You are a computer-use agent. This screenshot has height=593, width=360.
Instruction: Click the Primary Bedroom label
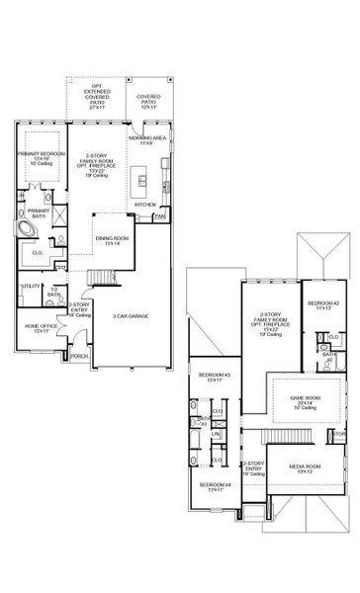coord(41,157)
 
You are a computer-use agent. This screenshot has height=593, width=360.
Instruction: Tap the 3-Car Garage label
coord(131,316)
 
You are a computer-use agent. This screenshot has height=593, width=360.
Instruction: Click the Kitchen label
coord(145,205)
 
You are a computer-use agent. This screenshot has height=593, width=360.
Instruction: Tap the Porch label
coord(80,357)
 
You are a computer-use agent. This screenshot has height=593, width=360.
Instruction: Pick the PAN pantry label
coord(158,214)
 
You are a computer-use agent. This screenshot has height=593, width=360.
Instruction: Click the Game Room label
coord(300,402)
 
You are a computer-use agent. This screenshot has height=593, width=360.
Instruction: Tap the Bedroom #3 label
coord(214,378)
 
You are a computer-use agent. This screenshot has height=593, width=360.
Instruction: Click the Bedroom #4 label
coord(214,486)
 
